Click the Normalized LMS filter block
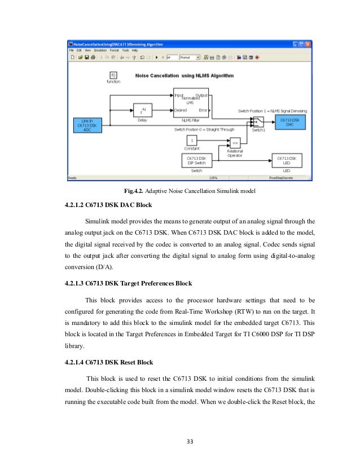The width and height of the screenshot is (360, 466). click(190, 102)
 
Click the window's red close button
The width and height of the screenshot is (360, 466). click(309, 44)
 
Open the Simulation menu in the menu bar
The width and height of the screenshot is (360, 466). click(98, 50)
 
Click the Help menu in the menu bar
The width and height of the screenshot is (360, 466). click(134, 50)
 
